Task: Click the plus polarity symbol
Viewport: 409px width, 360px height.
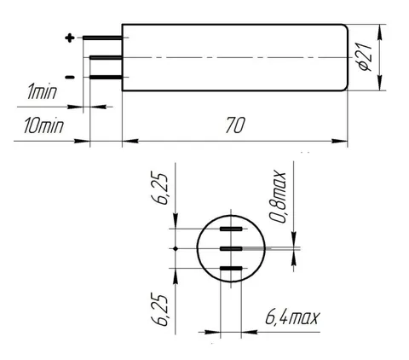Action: [70, 38]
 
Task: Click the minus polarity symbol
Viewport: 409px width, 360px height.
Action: [70, 77]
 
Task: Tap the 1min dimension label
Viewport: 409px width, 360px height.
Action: [42, 91]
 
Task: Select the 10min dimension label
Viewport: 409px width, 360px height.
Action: [43, 125]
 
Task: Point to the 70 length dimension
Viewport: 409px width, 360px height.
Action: [234, 125]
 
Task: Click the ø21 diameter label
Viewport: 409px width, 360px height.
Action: [366, 57]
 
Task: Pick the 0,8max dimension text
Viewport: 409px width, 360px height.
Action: [278, 196]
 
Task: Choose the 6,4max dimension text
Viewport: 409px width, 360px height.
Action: [292, 317]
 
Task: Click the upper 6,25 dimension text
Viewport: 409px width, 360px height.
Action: [162, 189]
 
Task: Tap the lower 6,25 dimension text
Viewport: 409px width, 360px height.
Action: [162, 311]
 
